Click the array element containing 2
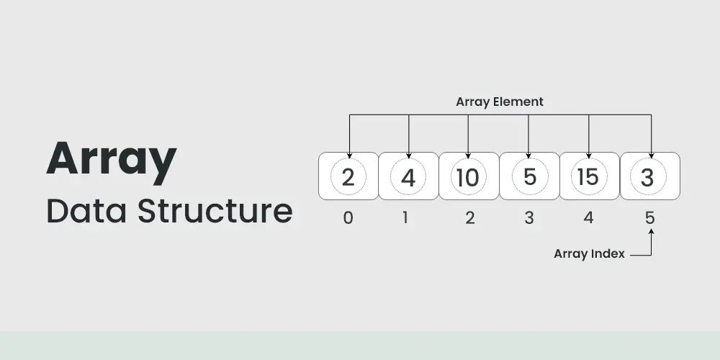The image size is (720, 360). [348, 176]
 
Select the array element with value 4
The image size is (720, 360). [409, 176]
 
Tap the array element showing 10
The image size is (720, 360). [469, 176]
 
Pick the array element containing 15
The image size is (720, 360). [590, 176]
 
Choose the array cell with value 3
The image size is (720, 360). [649, 176]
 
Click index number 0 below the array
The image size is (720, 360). [348, 217]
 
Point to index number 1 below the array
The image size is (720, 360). [405, 217]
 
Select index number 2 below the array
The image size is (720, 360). [469, 217]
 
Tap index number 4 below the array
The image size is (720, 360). [588, 217]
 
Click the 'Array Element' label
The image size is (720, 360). [500, 102]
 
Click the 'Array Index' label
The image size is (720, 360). [589, 253]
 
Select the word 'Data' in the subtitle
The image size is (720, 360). [86, 211]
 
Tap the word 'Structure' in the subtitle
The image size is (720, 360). [215, 211]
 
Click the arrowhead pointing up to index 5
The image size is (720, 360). [651, 232]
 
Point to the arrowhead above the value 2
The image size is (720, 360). [349, 156]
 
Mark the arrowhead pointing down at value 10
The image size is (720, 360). [468, 156]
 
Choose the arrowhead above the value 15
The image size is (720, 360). [589, 156]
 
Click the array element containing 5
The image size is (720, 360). [529, 176]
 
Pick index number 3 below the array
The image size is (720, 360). [529, 217]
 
